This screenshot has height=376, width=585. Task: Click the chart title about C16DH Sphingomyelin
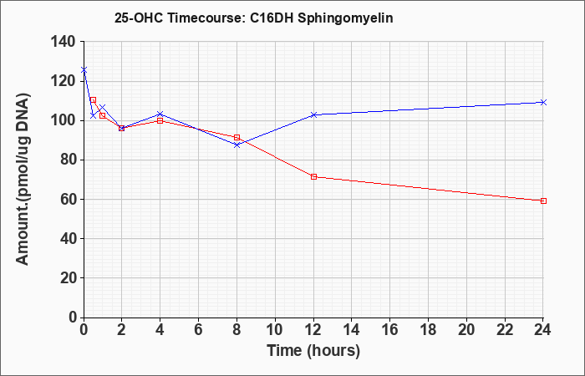point(254,18)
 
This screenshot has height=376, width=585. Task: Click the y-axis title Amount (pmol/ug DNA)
point(23,179)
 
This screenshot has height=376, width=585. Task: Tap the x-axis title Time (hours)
point(313,351)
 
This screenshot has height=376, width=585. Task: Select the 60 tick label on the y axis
point(69,199)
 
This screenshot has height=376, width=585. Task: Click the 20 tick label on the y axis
point(69,278)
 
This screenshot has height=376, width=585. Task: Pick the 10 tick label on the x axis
point(275,329)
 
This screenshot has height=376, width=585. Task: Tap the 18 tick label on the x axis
point(428,329)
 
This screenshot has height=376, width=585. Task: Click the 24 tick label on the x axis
point(542,329)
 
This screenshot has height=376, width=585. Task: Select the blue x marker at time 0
point(84,69)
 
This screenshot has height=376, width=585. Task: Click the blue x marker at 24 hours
point(543,102)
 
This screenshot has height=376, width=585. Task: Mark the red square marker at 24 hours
point(543,201)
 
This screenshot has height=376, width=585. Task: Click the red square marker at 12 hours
point(313,176)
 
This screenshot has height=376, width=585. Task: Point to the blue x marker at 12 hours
point(313,115)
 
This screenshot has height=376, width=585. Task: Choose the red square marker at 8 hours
point(237,138)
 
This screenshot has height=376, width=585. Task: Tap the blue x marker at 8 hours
point(237,145)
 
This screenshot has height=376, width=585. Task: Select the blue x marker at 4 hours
point(160,114)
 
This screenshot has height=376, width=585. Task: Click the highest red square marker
point(94,100)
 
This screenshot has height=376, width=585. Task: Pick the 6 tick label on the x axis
point(199,329)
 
